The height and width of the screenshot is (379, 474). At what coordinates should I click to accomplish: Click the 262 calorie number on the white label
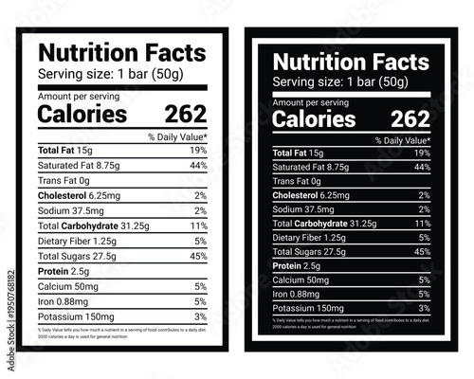(185, 115)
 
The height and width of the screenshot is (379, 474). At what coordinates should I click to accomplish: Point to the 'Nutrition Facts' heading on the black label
(351, 63)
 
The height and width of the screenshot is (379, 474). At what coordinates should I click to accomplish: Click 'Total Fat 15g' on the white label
(65, 150)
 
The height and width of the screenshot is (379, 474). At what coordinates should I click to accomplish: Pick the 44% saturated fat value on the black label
(422, 167)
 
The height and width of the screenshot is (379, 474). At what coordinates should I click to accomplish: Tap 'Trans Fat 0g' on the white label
(64, 179)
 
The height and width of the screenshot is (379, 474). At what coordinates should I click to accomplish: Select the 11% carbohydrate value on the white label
(198, 227)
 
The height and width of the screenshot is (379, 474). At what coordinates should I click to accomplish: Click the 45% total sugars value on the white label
(197, 256)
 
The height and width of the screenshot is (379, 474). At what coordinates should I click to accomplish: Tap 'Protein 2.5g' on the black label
(298, 266)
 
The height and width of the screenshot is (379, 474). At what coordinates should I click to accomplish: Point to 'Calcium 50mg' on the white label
(67, 285)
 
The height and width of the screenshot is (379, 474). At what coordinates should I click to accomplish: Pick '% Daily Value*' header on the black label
(403, 140)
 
